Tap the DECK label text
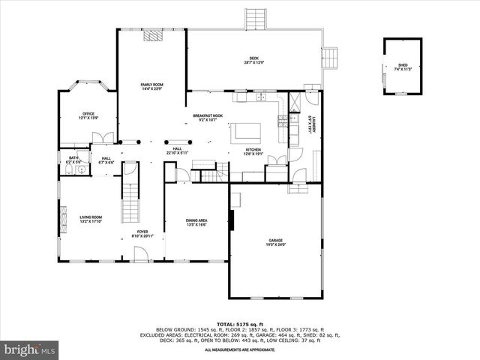pos(253,61)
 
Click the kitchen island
pos(246,132)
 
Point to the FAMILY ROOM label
pos(152,87)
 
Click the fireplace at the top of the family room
pos(153,34)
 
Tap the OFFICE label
pos(88,116)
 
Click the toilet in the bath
pos(68,169)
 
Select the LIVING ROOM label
pos(91,219)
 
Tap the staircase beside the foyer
pos(131,199)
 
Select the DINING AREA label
pos(196,222)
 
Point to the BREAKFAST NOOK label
pos(205,117)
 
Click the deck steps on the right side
pos(328,56)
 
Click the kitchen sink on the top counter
pos(261,97)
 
